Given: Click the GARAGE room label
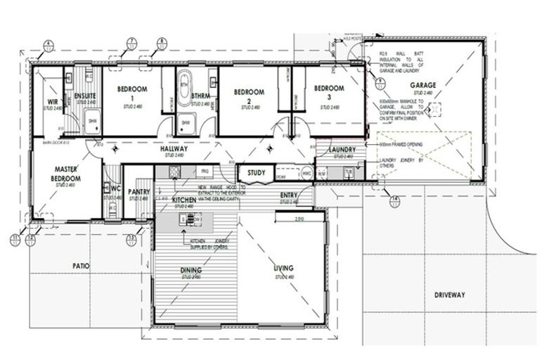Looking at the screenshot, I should [424, 85].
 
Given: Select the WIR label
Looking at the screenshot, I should [52, 102].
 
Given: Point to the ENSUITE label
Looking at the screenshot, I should [85, 96].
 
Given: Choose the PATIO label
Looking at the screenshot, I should [82, 266].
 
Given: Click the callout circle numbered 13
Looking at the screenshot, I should [131, 239].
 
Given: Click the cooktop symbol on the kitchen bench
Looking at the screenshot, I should [188, 219].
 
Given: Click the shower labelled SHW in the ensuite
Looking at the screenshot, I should [91, 122].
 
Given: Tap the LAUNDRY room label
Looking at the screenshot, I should [342, 150].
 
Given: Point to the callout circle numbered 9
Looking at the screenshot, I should [380, 82].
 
